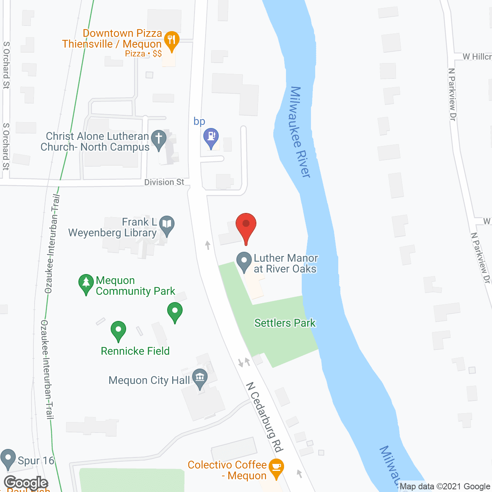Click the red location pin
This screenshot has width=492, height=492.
(x=246, y=225)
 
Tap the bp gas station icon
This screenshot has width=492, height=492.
(x=211, y=137)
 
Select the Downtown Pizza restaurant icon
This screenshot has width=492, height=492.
(x=171, y=40)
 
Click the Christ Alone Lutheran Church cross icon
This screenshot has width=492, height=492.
(x=158, y=139)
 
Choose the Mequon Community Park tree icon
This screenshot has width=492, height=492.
(x=86, y=283)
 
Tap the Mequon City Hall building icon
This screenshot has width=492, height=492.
(x=200, y=377)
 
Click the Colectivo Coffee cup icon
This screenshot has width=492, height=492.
(x=276, y=467)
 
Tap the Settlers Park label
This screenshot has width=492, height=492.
(x=285, y=323)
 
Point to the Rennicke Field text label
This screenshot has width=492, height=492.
(x=135, y=351)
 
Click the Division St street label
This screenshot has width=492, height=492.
(x=164, y=182)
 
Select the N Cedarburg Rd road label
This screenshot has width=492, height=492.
(x=264, y=417)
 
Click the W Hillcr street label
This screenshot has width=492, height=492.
(x=477, y=57)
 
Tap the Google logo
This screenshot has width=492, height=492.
(x=26, y=483)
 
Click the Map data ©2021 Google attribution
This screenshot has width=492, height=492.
(x=445, y=487)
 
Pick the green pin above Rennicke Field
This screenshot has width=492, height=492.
(x=175, y=311)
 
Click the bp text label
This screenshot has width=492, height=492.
(x=199, y=121)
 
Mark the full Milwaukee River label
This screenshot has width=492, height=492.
(x=300, y=132)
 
